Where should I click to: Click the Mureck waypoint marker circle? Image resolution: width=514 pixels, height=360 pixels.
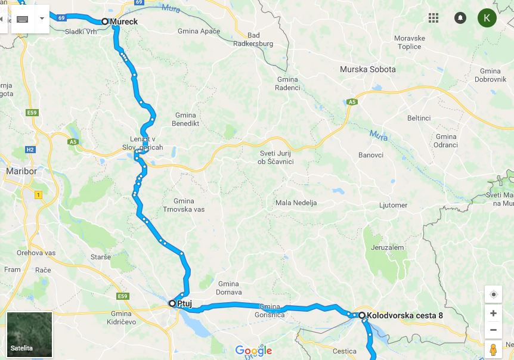[x=105, y=21]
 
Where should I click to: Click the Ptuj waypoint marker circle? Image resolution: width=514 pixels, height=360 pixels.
[x=172, y=303]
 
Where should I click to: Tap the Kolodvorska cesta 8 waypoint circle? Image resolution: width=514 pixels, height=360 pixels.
[x=361, y=315]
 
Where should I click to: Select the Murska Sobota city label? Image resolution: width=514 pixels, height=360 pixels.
[x=367, y=69]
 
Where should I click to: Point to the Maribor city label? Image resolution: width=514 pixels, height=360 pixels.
[x=21, y=171]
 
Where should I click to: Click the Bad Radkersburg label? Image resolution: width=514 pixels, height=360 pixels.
[x=253, y=39]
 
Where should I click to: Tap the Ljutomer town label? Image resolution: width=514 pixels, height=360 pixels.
[x=393, y=205]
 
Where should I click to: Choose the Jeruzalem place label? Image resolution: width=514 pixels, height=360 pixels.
[x=387, y=247]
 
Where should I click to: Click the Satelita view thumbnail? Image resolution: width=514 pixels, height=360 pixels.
[x=30, y=334]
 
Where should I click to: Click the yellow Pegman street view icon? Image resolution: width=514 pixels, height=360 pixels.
[x=493, y=349]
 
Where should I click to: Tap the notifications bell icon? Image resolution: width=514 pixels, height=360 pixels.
[x=460, y=18]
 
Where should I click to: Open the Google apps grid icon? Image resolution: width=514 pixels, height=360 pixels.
[x=434, y=18]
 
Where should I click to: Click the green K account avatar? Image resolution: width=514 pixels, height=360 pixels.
[x=487, y=18]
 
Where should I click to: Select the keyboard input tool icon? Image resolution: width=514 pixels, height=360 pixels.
[x=23, y=19]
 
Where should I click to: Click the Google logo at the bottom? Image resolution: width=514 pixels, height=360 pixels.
[x=253, y=350]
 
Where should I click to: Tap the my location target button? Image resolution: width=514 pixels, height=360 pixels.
[x=493, y=295]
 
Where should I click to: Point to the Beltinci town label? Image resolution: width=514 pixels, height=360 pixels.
[x=419, y=118]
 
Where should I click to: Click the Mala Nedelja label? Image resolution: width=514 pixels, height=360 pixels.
[x=296, y=203]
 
